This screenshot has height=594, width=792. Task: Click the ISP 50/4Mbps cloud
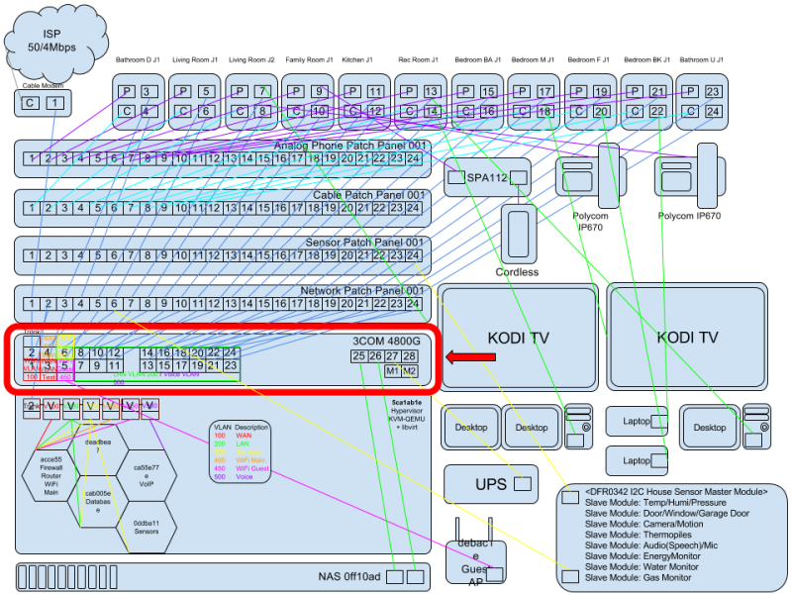pyautogui.click(x=57, y=40)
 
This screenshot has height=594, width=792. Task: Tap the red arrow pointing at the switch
pyautogui.click(x=470, y=356)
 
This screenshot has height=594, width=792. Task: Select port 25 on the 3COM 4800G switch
pyautogui.click(x=359, y=355)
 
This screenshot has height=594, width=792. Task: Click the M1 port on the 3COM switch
pyautogui.click(x=392, y=371)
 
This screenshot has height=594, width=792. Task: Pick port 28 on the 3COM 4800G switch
pyautogui.click(x=409, y=355)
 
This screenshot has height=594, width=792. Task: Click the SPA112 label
pyautogui.click(x=485, y=177)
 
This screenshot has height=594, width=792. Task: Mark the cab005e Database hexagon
pyautogui.click(x=98, y=501)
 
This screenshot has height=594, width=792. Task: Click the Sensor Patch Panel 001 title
pyautogui.click(x=366, y=243)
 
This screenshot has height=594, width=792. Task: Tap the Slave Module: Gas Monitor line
pyautogui.click(x=638, y=577)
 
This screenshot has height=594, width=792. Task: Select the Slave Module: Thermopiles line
pyautogui.click(x=639, y=534)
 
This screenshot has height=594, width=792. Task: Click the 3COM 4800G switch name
pyautogui.click(x=386, y=341)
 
